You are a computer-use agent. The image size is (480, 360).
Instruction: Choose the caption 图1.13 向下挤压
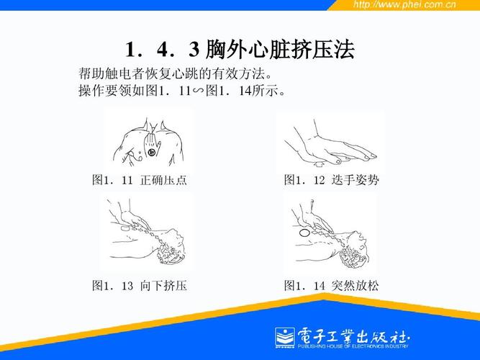tap(140, 286)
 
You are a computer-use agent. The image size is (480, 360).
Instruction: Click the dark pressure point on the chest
tap(152, 151)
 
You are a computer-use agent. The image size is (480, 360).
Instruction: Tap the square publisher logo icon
tap(284, 336)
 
